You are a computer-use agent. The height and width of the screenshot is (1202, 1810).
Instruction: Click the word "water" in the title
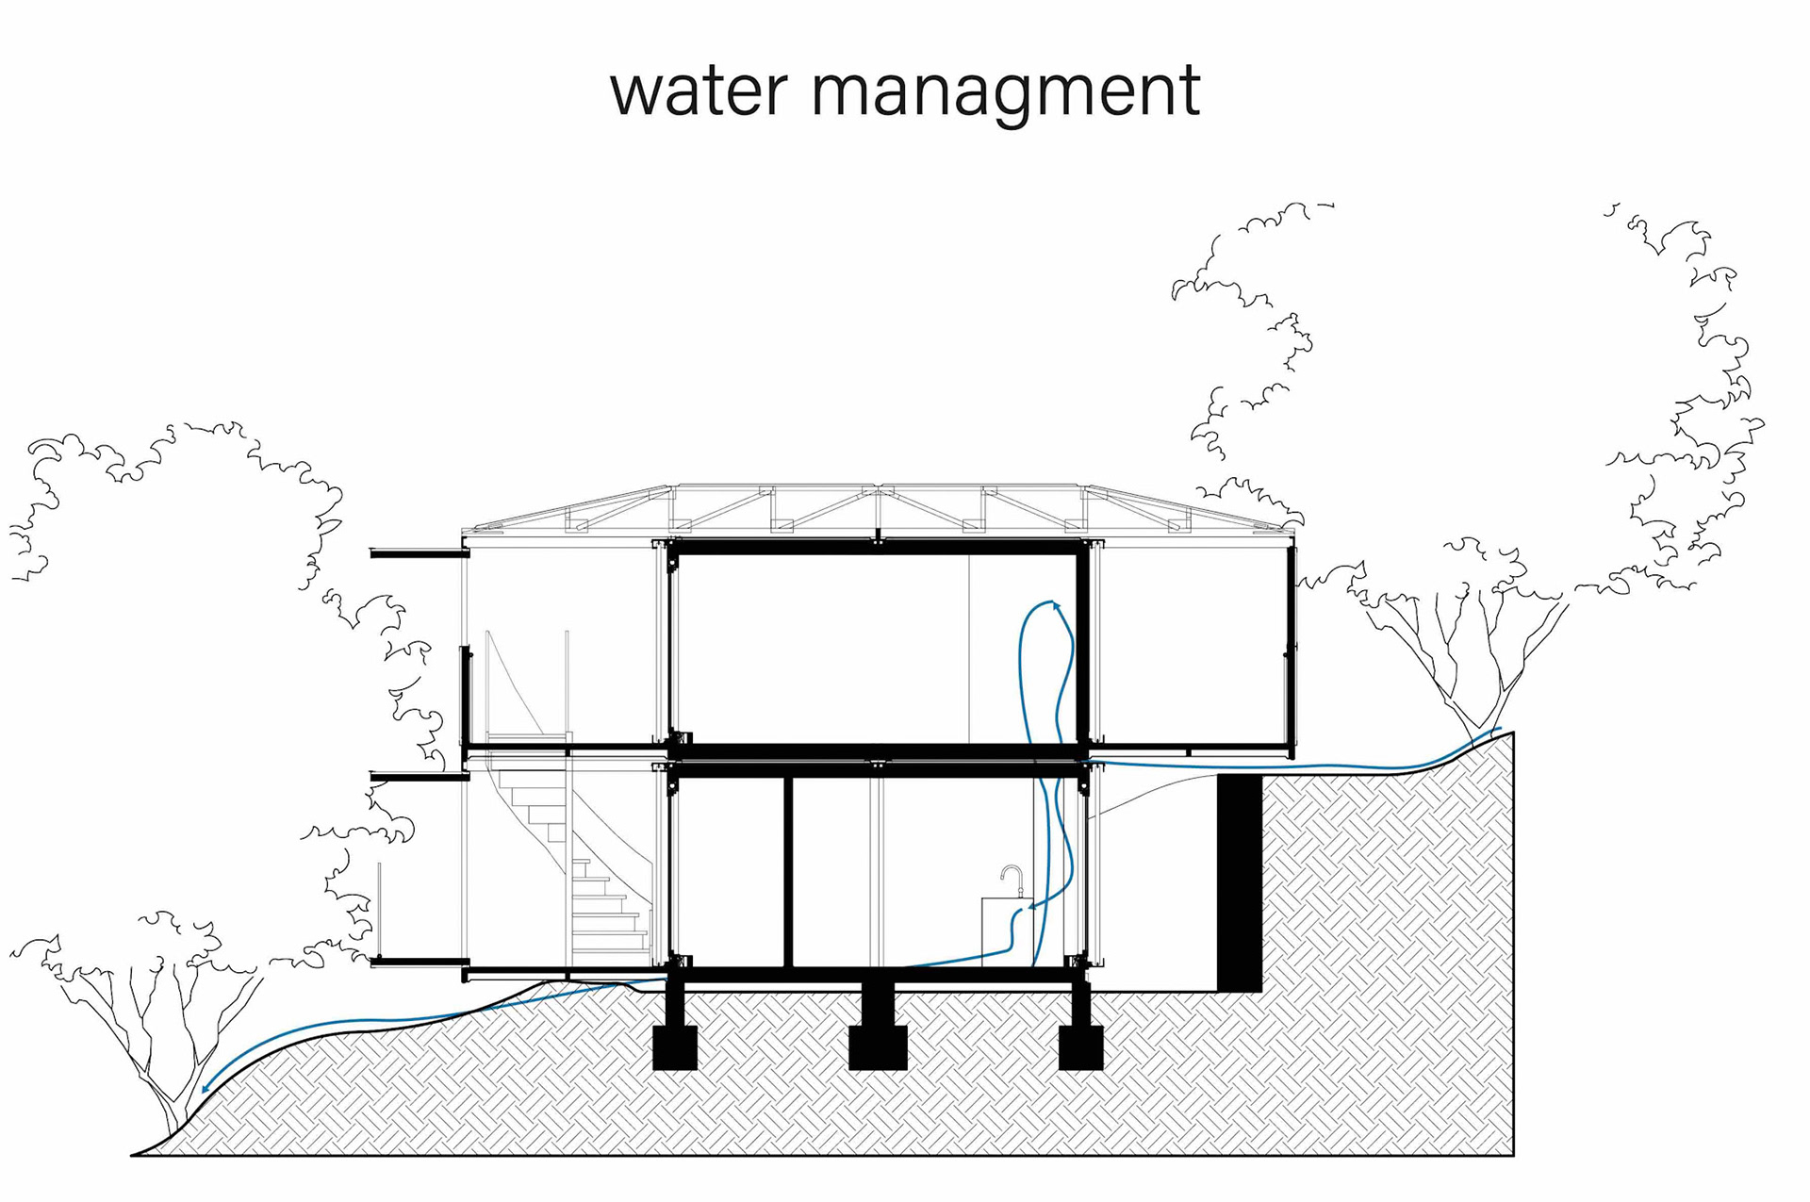(698, 91)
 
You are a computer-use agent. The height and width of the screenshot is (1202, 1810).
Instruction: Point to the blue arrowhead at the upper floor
(1056, 605)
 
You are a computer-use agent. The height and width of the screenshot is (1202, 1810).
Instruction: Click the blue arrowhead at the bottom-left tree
(206, 1088)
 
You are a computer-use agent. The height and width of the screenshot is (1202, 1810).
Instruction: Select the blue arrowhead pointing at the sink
(1031, 908)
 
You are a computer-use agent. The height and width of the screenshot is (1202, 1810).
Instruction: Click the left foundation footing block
(675, 1047)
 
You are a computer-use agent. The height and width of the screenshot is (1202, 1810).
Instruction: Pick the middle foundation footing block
(878, 1047)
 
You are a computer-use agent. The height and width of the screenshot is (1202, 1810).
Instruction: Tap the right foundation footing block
(1080, 1047)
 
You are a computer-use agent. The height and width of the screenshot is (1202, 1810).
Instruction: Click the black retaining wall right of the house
(1239, 882)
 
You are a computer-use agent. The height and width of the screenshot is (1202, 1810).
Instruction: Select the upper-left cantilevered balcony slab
(419, 553)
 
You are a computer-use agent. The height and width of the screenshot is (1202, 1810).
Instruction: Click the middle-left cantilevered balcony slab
(419, 777)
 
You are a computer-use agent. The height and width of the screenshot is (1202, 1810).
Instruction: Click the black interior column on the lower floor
(788, 872)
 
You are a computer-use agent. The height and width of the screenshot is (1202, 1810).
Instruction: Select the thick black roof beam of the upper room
(877, 548)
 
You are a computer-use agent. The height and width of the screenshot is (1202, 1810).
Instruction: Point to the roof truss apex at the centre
(877, 489)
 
